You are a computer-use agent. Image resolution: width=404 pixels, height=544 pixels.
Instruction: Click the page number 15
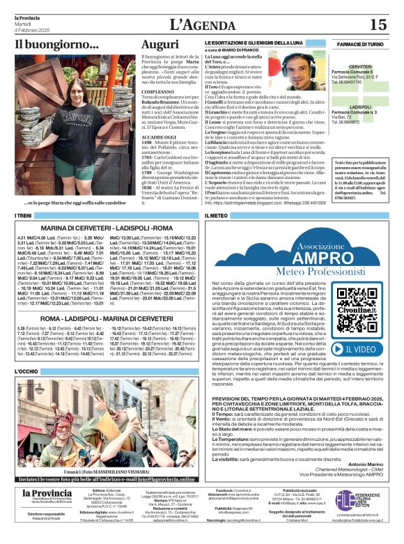pos(378,25)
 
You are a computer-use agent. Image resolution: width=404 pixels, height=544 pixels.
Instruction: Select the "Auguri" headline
pos(160,45)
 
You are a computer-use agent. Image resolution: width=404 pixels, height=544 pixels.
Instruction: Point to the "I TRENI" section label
pos(24,216)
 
